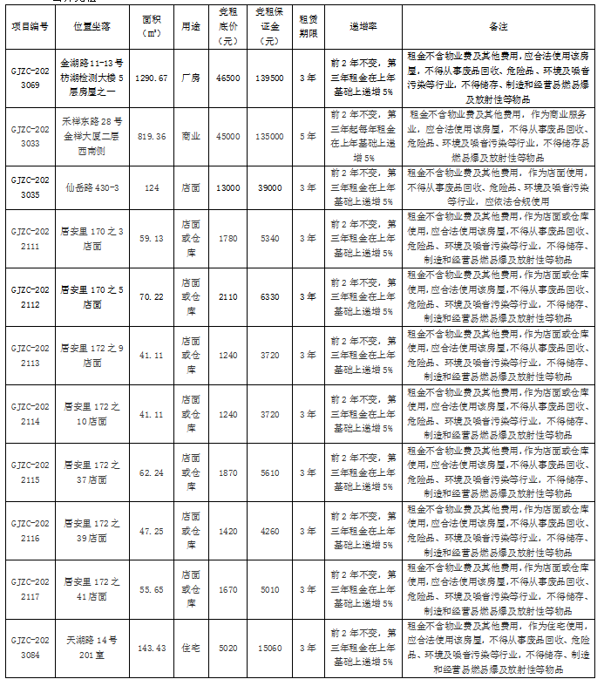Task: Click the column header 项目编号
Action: (30, 27)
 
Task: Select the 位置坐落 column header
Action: (92, 27)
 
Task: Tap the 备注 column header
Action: (499, 27)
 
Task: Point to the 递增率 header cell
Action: (363, 27)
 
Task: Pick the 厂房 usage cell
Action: (190, 78)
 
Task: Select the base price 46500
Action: (228, 78)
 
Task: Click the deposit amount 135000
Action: (270, 136)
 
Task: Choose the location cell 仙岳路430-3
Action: (92, 187)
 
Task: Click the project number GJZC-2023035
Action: (30, 187)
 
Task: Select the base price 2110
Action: (228, 296)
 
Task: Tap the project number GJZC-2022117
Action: (30, 589)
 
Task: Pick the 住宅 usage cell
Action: (190, 648)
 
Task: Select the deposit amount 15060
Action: (270, 648)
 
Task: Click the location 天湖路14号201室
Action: (92, 648)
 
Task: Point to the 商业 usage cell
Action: (190, 136)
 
